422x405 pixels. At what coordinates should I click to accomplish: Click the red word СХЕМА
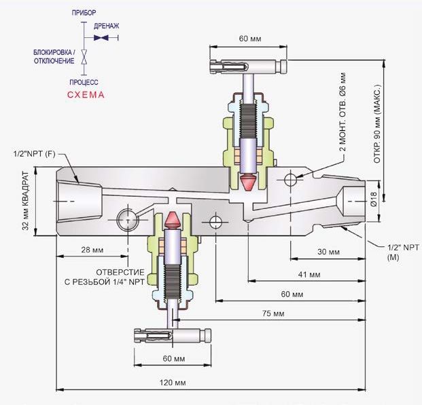coord(86,95)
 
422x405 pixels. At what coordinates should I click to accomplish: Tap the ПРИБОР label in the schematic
coord(84,13)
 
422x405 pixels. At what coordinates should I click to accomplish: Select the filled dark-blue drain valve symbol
coord(101,38)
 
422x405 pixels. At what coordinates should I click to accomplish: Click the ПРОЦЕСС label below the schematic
coord(84,82)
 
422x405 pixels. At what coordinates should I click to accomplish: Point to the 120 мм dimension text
coord(173,383)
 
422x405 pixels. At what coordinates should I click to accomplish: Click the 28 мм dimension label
coord(92,250)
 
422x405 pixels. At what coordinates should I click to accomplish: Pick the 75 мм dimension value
coord(273,313)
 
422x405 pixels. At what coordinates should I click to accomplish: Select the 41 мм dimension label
coord(309,275)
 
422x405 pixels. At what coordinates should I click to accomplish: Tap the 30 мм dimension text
coord(328,252)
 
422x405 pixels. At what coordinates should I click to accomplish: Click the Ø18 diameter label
coord(374,199)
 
